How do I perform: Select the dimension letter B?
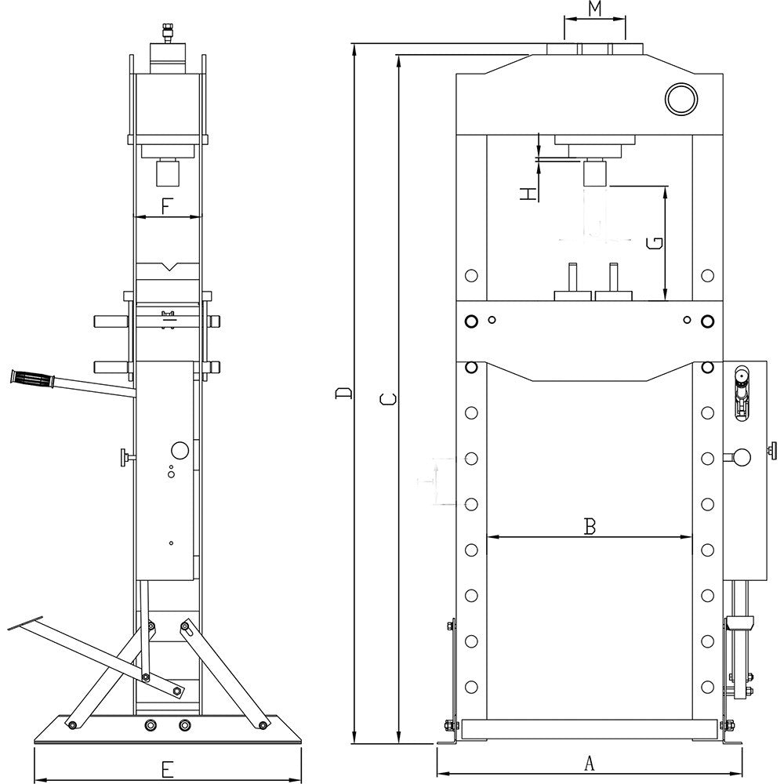tap(590, 526)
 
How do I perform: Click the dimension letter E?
tap(167, 769)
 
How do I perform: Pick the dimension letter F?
tap(167, 207)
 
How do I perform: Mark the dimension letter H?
tap(531, 192)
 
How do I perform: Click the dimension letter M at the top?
tap(595, 10)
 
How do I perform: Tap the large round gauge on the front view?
tap(681, 98)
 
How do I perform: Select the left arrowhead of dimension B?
tap(492, 537)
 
